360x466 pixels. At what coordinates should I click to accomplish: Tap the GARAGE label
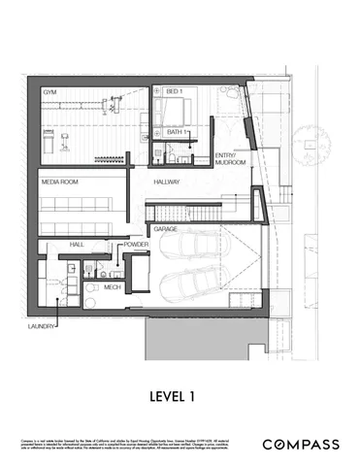click(164, 229)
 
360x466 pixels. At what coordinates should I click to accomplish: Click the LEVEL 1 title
click(180, 395)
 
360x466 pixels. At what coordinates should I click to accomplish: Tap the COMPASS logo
click(302, 444)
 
